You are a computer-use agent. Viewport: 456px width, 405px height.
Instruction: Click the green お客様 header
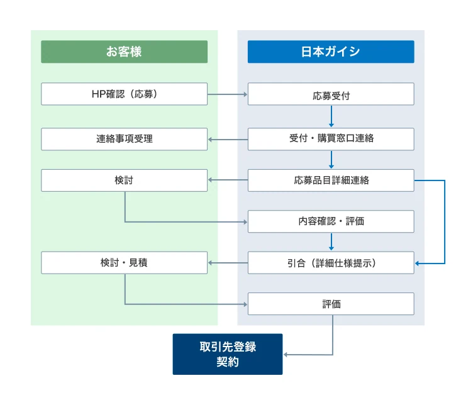pos(124,52)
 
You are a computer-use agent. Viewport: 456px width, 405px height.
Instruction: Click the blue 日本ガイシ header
pos(331,52)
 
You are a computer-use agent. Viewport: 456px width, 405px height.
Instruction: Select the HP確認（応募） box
pos(124,94)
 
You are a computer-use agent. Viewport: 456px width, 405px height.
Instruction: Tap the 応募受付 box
pos(331,96)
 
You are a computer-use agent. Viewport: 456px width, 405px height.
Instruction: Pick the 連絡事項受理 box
pos(124,139)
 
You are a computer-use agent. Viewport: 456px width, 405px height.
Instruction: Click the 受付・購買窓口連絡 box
pos(331,139)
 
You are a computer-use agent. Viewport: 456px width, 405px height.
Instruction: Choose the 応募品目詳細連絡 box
pos(331,180)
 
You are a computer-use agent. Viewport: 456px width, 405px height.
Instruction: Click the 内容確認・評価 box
pos(331,221)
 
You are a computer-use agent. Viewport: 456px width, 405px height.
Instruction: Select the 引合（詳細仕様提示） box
pos(331,263)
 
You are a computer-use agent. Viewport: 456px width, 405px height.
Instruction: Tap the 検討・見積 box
pos(124,263)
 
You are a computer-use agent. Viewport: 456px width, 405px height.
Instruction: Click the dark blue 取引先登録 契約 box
pos(228,355)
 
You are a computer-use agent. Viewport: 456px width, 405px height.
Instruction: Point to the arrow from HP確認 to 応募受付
pos(228,95)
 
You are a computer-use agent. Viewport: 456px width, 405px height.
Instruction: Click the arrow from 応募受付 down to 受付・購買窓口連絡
pos(331,117)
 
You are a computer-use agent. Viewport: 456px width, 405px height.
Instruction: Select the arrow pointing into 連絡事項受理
pos(228,139)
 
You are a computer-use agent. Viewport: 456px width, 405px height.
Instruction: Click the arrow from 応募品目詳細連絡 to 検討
pos(228,180)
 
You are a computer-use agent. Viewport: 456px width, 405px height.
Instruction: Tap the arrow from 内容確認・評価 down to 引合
pos(331,241)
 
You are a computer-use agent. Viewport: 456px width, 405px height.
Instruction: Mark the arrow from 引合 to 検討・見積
pos(228,263)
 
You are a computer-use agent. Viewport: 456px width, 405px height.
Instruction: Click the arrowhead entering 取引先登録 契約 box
pos(287,355)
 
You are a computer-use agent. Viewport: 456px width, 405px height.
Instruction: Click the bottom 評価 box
pos(331,304)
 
